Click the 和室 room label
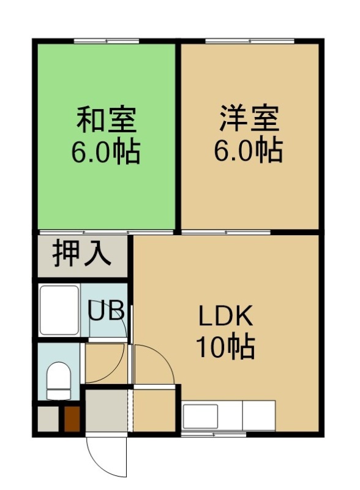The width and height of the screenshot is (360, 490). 107,119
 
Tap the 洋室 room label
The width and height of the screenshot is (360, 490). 249,118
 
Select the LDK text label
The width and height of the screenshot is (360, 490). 226,317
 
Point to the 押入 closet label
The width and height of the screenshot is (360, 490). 82,253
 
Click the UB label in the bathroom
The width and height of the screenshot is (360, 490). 106,310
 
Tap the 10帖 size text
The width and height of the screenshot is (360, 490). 225,347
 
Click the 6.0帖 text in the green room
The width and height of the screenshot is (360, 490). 106,152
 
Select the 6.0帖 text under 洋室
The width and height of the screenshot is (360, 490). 249,151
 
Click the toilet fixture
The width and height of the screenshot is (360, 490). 58,380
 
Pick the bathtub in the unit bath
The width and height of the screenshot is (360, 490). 59,311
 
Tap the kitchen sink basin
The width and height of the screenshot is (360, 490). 200,417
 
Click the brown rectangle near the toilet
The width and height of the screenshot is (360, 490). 72,419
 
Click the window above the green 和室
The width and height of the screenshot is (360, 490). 107,41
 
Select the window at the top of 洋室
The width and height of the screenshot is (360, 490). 250,41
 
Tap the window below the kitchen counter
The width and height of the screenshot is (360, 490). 214,434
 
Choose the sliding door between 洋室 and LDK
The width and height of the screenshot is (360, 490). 226,232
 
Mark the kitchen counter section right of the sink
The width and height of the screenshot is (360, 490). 259,416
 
